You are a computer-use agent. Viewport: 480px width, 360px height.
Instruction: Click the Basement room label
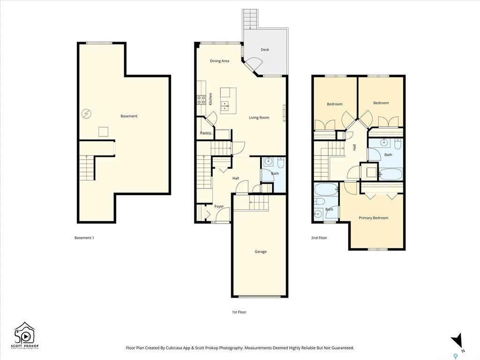pos(129,116)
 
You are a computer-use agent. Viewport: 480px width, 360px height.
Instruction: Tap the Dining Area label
pos(219,61)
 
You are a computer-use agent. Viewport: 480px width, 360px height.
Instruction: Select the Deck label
pos(265,50)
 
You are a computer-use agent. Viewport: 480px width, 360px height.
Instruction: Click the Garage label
pos(261,252)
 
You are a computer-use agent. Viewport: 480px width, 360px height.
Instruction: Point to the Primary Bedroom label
pos(374,218)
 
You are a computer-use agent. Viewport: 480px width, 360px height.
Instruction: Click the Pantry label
pos(205,133)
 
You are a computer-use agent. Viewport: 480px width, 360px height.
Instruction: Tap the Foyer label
pos(219,206)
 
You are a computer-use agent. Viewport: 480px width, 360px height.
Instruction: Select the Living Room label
pos(259,118)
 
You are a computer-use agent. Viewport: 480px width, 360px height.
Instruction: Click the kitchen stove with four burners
pos(201,99)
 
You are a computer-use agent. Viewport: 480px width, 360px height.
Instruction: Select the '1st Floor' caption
pos(239,312)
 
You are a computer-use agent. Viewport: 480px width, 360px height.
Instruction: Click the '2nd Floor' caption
pos(319,238)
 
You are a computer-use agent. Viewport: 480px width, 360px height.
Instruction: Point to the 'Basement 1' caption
pos(84,238)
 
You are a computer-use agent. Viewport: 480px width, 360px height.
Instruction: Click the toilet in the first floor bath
pos(280,163)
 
